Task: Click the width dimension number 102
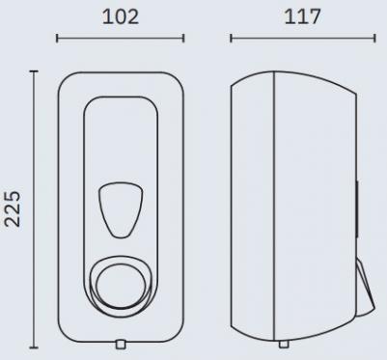(x=121, y=17)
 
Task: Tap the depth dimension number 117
(x=303, y=17)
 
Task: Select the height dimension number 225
(x=13, y=208)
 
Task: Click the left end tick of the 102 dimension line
(x=57, y=39)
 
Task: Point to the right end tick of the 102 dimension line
(x=183, y=39)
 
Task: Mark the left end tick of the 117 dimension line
(x=231, y=39)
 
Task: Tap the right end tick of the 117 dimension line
(x=374, y=39)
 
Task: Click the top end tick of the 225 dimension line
(x=34, y=71)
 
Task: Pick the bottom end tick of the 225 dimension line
(x=34, y=347)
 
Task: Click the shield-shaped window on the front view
(x=121, y=210)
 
